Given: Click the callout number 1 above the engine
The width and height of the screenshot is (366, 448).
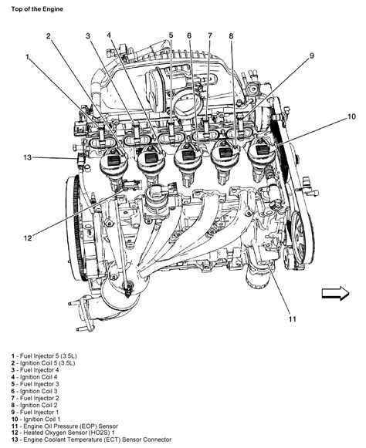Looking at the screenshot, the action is pos(28,57).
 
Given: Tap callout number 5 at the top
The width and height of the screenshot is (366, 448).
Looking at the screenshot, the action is pos(171,35).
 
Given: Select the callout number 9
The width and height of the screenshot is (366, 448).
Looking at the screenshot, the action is pos(312,56).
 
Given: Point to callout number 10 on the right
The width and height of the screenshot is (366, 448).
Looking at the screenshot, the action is pos(351,117).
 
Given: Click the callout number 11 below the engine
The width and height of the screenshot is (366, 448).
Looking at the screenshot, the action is pos(292,319).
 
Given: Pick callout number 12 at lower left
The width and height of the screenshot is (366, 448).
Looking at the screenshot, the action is pos(28,237).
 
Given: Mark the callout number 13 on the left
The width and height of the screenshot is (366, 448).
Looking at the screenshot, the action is pos(28,157).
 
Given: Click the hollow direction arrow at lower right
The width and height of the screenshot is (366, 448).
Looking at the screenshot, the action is pos(335,294).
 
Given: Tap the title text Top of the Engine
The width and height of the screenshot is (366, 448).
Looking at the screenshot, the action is pos(37,8).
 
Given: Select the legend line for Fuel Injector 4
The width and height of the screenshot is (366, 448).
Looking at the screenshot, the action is pos(35,370).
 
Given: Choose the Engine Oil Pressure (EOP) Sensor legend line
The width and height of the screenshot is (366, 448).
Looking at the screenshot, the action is pos(64,426).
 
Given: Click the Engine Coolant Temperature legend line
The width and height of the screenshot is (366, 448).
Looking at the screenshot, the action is pos(91,440).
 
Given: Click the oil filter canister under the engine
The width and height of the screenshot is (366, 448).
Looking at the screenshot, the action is pos(258,274).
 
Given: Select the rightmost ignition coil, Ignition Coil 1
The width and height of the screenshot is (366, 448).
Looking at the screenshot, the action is pos(261,160).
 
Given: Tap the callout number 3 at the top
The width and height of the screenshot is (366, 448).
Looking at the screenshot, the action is pos(88,36).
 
